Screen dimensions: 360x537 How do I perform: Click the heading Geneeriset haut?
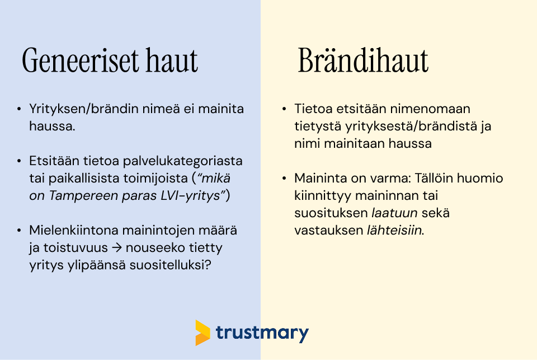tap(110, 60)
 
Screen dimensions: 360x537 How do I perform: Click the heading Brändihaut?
tap(363, 60)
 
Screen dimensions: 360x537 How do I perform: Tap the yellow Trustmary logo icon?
tap(202, 333)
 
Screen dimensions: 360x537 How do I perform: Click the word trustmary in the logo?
tap(262, 334)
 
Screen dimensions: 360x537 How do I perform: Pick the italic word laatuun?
tap(388, 213)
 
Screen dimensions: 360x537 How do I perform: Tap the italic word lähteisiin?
tap(394, 231)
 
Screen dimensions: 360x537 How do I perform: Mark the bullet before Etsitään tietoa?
tap(20, 162)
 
